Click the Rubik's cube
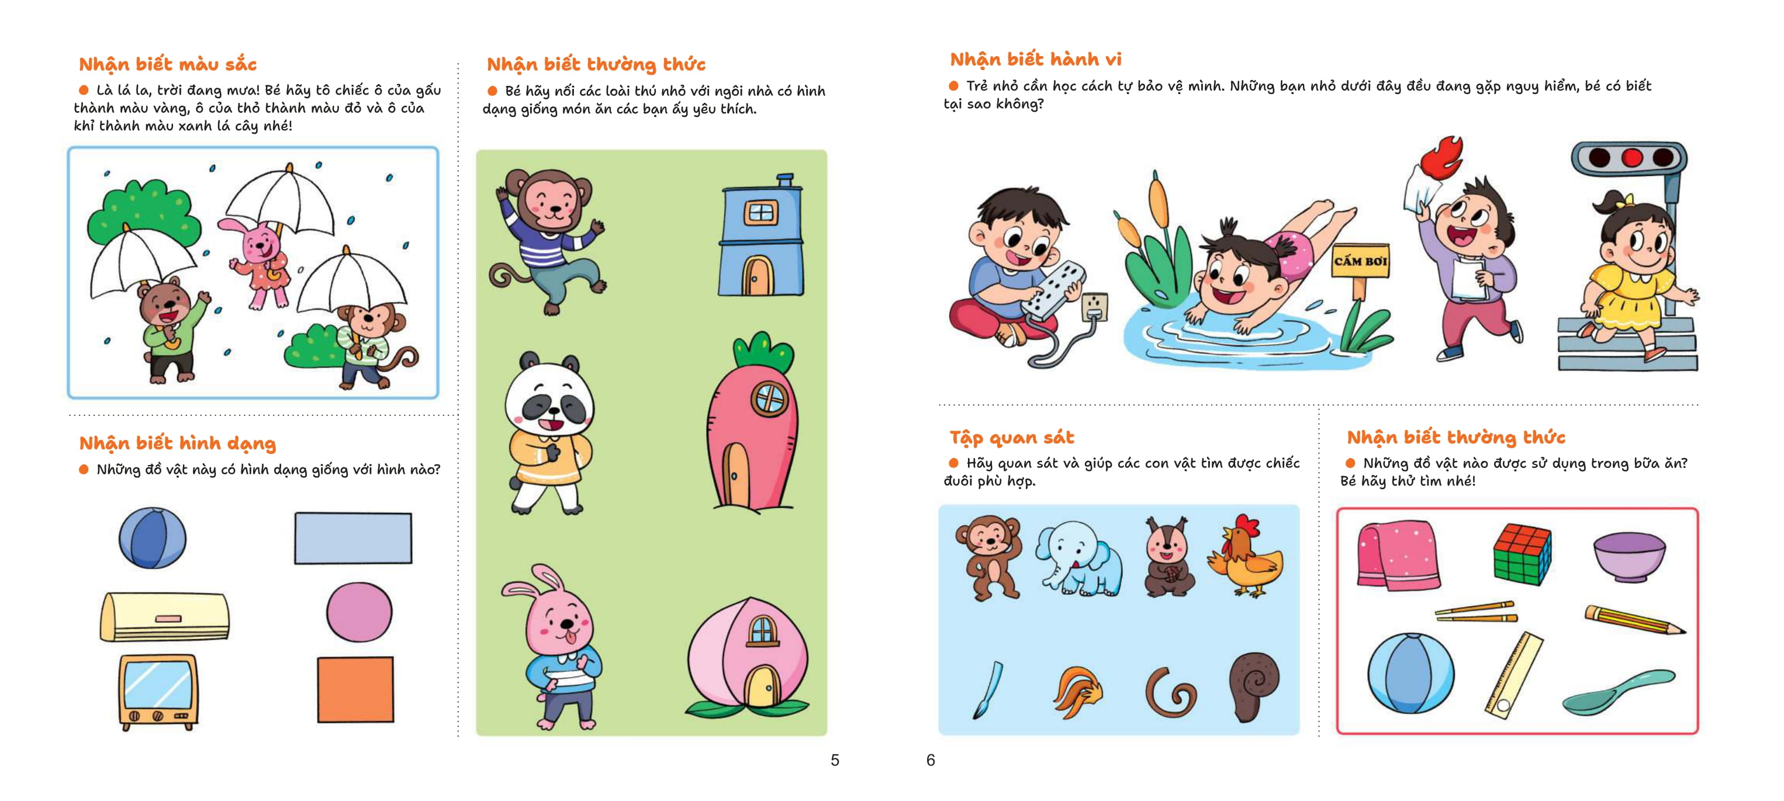point(1522,554)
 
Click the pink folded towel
point(1397,554)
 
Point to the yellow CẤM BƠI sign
point(1360,261)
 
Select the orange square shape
point(355,689)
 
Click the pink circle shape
point(359,612)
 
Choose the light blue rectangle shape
point(353,538)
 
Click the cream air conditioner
point(165,616)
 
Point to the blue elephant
point(1078,558)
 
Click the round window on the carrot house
point(769,397)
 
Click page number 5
point(835,760)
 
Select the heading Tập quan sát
point(1011,438)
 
